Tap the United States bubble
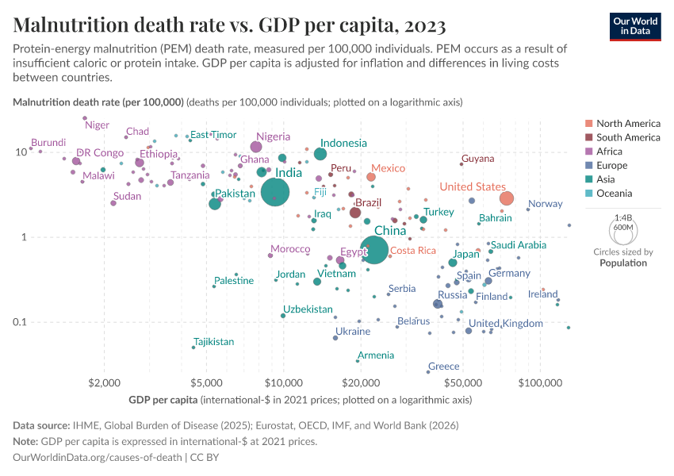click(x=507, y=198)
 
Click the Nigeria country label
click(x=273, y=136)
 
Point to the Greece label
click(x=443, y=367)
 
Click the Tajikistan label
click(x=214, y=342)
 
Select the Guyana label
click(x=477, y=159)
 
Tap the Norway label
click(x=545, y=204)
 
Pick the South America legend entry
click(x=627, y=137)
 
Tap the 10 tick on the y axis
click(x=19, y=152)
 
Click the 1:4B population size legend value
click(x=623, y=217)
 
